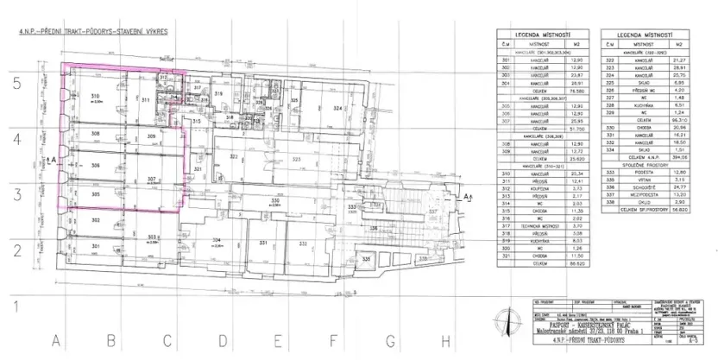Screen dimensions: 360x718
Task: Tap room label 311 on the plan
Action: click(146, 101)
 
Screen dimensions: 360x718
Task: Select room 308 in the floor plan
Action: click(97, 136)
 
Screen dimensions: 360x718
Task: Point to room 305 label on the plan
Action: click(97, 194)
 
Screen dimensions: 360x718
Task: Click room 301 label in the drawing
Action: click(97, 247)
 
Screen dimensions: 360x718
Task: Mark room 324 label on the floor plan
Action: click(339, 107)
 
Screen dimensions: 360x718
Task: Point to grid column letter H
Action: click(446, 338)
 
